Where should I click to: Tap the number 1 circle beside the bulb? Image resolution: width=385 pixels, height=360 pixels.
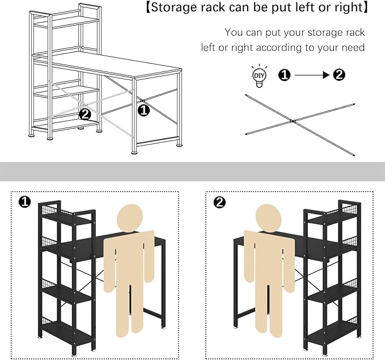pos(285,74)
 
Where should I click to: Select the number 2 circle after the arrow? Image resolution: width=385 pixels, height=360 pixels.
pos(339,74)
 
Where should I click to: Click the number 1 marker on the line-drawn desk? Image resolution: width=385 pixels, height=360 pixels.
pos(144,110)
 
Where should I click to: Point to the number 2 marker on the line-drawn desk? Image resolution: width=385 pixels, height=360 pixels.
pos(85,114)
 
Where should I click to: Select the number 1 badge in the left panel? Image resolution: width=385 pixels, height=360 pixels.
pos(24,202)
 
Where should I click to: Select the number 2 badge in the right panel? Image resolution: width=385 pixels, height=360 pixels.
pos(218,202)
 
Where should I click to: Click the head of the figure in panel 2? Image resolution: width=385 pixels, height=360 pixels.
pos(270,218)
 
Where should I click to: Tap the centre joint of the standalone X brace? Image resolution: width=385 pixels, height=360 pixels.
pos(293,121)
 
